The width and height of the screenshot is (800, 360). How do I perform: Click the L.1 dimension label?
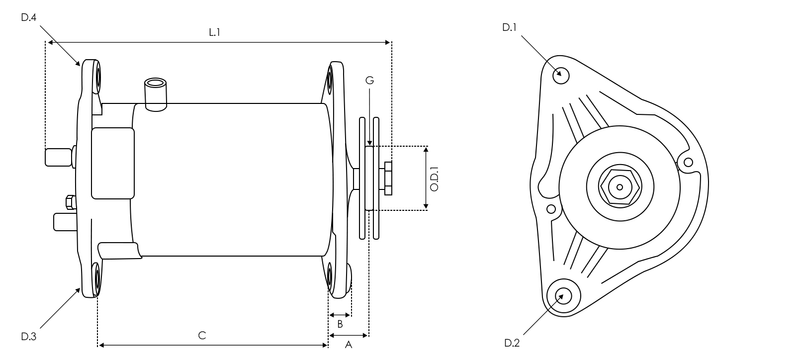pyautogui.click(x=214, y=32)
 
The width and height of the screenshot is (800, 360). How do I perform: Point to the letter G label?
pyautogui.click(x=369, y=79)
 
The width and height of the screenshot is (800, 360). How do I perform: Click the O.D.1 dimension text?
pyautogui.click(x=434, y=177)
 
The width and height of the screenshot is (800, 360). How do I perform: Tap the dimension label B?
pyautogui.click(x=340, y=323)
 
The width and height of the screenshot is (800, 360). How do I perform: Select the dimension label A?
pyautogui.click(x=348, y=344)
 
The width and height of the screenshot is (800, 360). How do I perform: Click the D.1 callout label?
pyautogui.click(x=508, y=27)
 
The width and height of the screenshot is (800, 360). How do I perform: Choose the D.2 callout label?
pyautogui.click(x=511, y=343)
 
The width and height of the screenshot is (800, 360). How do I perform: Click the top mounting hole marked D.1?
pyautogui.click(x=561, y=73)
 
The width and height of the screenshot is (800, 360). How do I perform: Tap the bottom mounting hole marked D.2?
pyautogui.click(x=565, y=294)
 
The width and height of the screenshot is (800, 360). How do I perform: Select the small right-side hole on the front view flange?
pyautogui.click(x=687, y=161)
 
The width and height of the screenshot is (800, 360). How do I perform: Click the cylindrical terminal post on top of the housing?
pyautogui.click(x=155, y=92)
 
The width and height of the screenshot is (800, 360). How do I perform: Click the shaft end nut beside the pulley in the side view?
pyautogui.click(x=386, y=176)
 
